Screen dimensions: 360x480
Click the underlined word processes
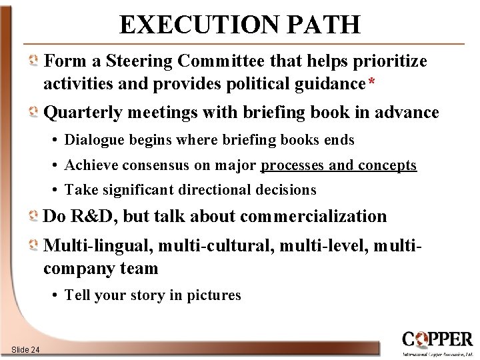297,165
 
